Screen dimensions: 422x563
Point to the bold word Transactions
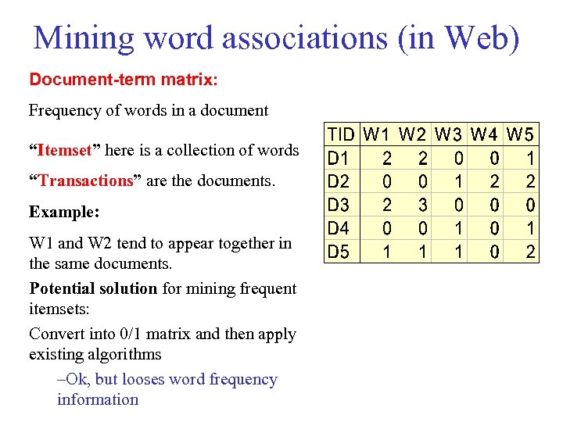click(87, 181)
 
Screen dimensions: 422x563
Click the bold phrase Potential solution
click(93, 288)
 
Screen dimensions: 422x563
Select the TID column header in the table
click(341, 134)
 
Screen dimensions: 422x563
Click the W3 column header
click(451, 134)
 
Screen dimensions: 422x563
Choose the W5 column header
click(521, 134)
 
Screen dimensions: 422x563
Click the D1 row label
click(339, 159)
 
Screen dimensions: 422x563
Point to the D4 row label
click(339, 229)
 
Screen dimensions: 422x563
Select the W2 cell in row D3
click(422, 206)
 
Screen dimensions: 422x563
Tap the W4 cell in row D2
click(495, 182)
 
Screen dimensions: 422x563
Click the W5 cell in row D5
click(530, 252)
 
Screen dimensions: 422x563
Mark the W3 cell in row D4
click(459, 229)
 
